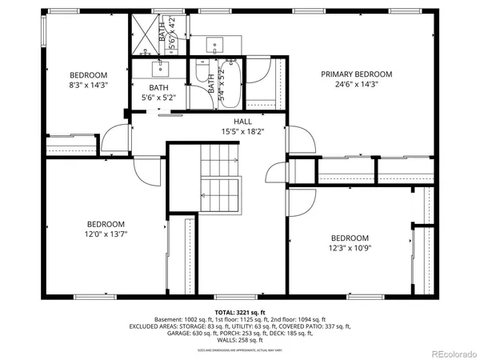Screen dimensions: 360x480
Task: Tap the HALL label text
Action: tap(243, 122)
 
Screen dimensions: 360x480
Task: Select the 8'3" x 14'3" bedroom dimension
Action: tap(88, 84)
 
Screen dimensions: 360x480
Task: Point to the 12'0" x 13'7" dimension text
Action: tap(107, 234)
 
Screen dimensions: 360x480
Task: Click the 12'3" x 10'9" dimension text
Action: tap(350, 248)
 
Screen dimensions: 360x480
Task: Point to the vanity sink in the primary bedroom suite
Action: tap(214, 44)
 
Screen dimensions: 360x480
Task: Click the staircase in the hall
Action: tap(219, 180)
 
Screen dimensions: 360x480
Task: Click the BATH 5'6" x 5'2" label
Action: tap(158, 93)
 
